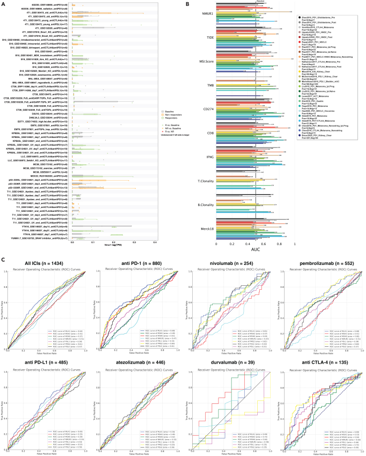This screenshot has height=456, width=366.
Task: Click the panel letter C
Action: [x=3, y=259]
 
